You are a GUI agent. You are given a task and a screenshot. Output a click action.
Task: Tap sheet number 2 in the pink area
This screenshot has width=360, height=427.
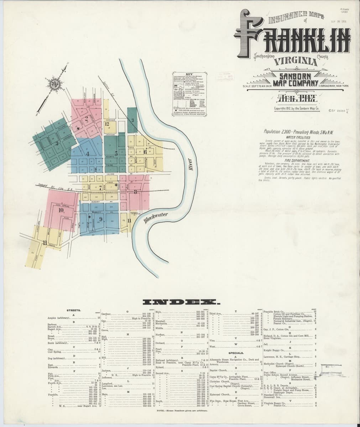[x=87, y=118]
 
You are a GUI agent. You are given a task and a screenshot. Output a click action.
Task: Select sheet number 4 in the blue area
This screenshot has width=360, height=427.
[x=87, y=154]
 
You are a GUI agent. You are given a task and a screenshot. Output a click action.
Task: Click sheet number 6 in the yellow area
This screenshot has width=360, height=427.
[x=146, y=151]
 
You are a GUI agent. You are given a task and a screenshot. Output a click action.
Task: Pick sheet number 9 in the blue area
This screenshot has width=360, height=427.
[x=101, y=219]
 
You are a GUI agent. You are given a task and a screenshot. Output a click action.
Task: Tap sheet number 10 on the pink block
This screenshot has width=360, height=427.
[x=61, y=210]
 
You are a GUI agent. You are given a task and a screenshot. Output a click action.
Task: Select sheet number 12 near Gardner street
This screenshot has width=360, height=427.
[x=107, y=124]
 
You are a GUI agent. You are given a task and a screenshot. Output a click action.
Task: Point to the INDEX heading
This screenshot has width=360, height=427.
[x=181, y=302]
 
